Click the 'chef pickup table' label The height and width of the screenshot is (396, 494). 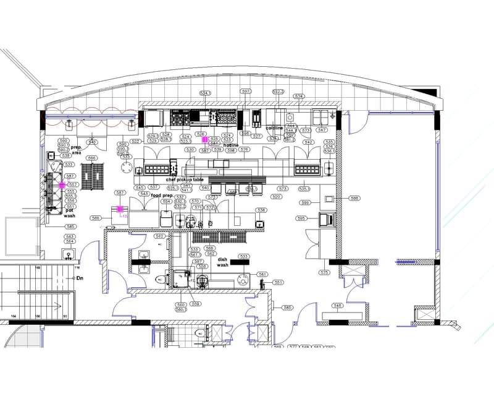pyautogui.click(x=184, y=179)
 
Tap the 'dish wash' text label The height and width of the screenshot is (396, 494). pyautogui.click(x=223, y=262)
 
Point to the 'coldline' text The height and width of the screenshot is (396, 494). pyautogui.click(x=274, y=128)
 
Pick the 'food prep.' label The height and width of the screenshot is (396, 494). pyautogui.click(x=162, y=195)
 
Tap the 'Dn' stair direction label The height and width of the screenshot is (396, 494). pyautogui.click(x=80, y=278)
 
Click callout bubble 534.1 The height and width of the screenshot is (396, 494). pyautogui.click(x=205, y=93)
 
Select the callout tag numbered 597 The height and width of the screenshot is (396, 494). pyautogui.click(x=246, y=92)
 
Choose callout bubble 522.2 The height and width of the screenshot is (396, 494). pyautogui.click(x=278, y=92)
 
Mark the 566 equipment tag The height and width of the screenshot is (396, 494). pyautogui.click(x=92, y=158)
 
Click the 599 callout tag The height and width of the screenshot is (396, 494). pyautogui.click(x=305, y=202)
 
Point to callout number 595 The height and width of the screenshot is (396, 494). pyautogui.click(x=301, y=218)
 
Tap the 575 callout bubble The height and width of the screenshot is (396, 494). pyautogui.click(x=324, y=272)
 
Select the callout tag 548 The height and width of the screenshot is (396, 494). pyautogui.click(x=338, y=306)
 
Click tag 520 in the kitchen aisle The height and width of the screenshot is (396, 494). pyautogui.click(x=276, y=197)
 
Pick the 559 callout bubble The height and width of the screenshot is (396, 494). pyautogui.click(x=196, y=304)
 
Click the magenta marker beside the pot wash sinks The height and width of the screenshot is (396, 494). pyautogui.click(x=62, y=185)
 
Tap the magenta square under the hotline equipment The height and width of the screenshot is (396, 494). pyautogui.click(x=206, y=140)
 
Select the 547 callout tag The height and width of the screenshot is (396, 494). pyautogui.click(x=322, y=130)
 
